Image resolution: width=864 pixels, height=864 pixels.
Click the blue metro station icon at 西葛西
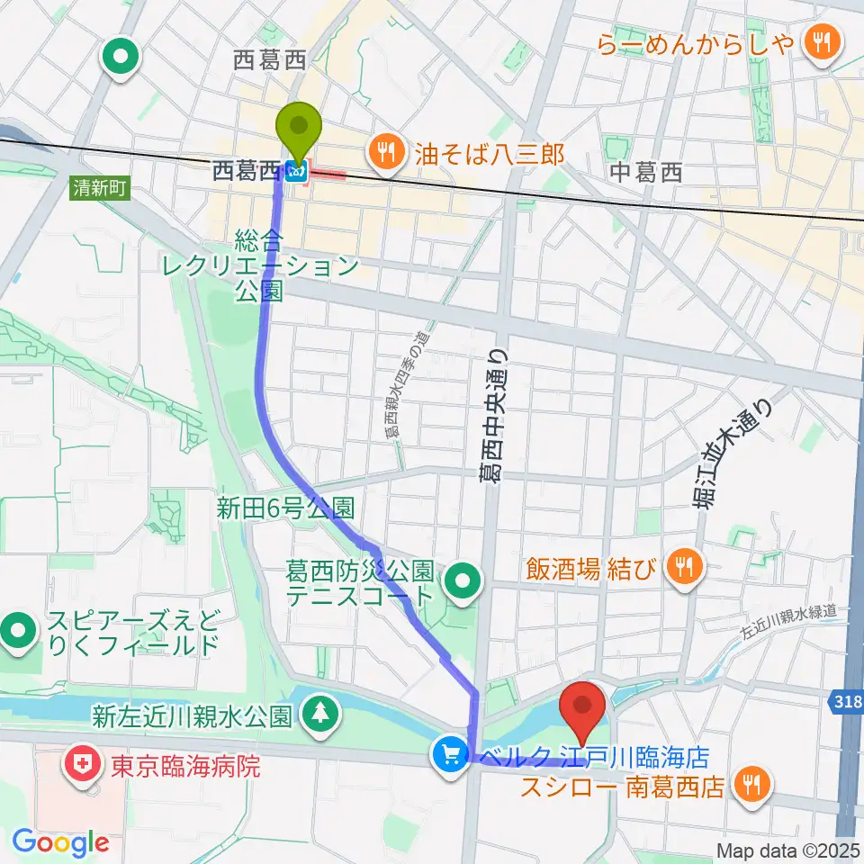tap(294, 171)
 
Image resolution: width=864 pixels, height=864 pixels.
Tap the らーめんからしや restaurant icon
tap(820, 40)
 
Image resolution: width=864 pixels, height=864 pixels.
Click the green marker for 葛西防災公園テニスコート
tap(463, 583)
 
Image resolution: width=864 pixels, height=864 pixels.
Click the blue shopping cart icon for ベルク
tap(450, 754)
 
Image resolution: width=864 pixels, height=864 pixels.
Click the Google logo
tap(59, 843)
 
